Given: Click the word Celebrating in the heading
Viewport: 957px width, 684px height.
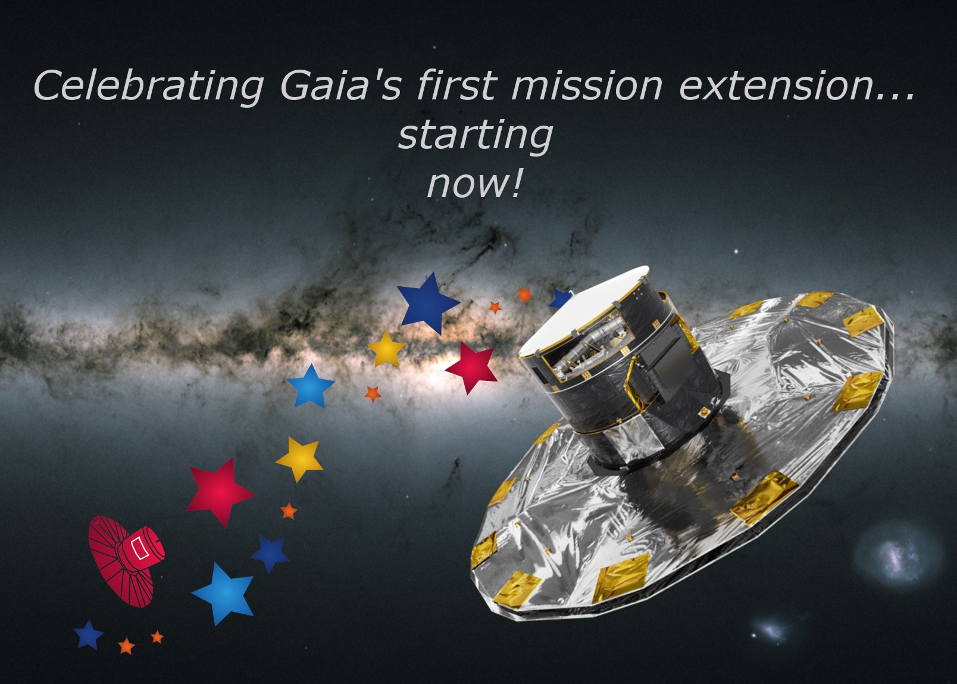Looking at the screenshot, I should click(149, 85).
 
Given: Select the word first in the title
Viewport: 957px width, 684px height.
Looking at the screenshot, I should click(455, 85).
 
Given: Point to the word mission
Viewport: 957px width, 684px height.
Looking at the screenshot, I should click(586, 85).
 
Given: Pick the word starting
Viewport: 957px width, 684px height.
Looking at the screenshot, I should click(475, 136).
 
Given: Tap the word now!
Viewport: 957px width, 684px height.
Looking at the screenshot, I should click(475, 184).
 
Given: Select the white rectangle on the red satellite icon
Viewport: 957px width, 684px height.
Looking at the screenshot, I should click(138, 548).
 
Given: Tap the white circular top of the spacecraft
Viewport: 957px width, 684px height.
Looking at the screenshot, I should click(583, 310).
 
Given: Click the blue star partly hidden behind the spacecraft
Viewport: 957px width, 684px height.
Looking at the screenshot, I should click(559, 299).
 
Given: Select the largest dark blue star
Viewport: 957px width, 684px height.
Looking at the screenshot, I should click(427, 303).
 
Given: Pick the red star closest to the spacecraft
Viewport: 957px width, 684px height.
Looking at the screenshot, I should click(473, 367).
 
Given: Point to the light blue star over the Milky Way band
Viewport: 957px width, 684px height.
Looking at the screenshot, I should click(311, 386).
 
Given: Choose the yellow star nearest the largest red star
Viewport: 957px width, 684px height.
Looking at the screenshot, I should click(299, 458).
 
